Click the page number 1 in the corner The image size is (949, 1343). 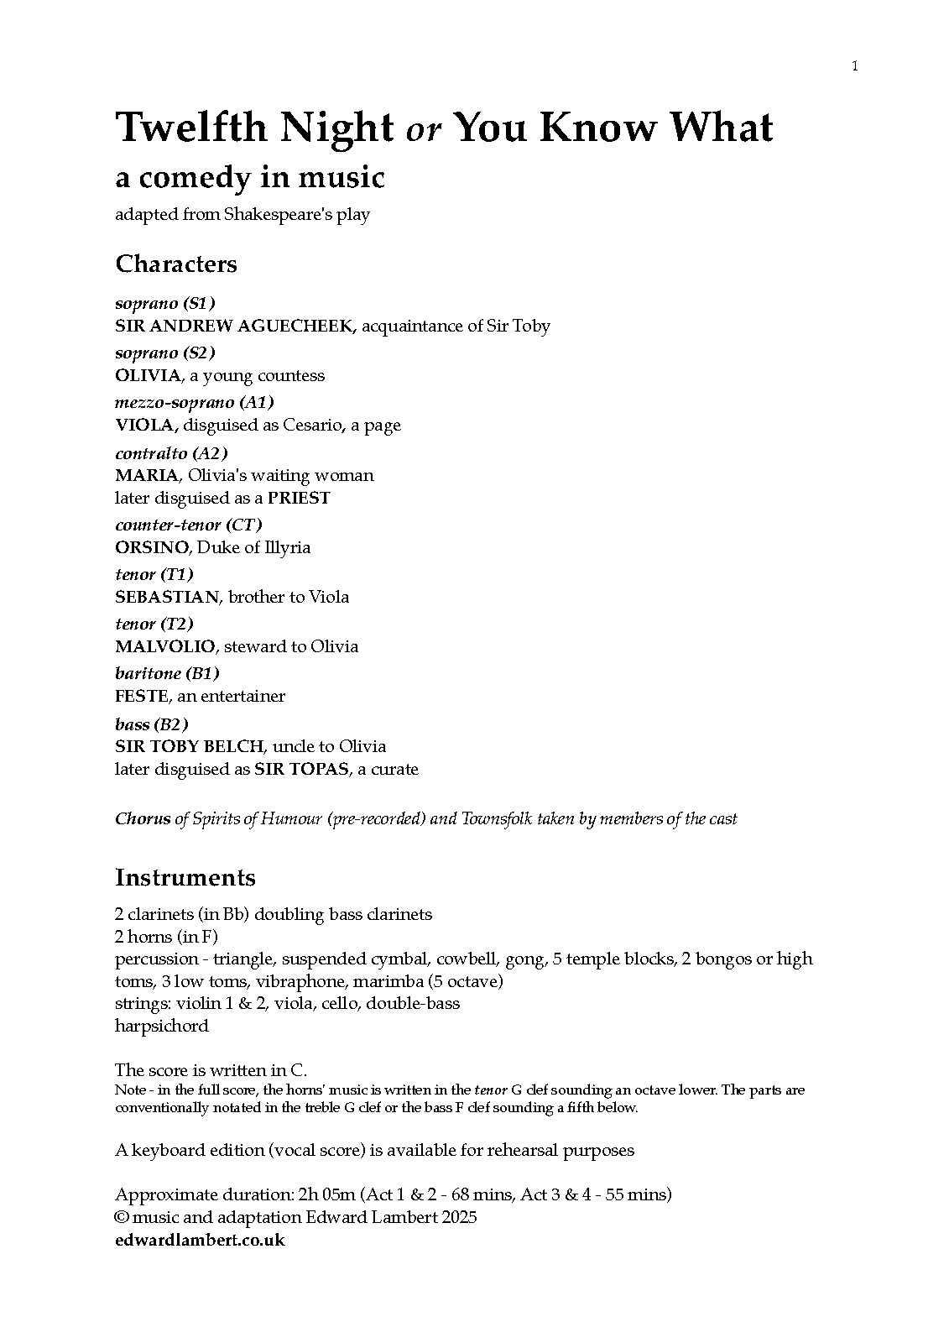[x=855, y=66]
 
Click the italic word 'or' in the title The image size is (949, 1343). [x=424, y=130]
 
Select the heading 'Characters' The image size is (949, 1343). [x=176, y=264]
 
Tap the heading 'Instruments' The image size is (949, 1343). [x=185, y=877]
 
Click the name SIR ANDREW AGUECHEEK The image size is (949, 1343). [x=236, y=326]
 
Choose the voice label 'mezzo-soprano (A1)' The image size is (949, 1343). [x=195, y=402]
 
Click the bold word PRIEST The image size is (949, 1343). [x=299, y=498]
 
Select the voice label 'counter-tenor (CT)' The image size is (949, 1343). [x=189, y=525]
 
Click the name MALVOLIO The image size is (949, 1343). [x=165, y=646]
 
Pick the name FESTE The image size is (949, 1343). [x=142, y=696]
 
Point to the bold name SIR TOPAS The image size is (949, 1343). [x=302, y=769]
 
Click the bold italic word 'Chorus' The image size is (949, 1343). [x=143, y=818]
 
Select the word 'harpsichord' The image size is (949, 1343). [x=162, y=1026]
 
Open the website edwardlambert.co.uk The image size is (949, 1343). [x=200, y=1240]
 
